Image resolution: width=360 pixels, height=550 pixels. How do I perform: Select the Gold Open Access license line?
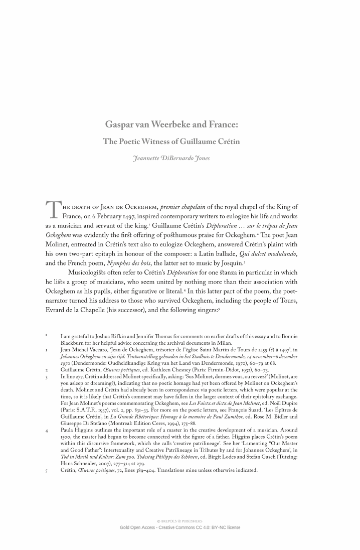pos(179,528)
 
